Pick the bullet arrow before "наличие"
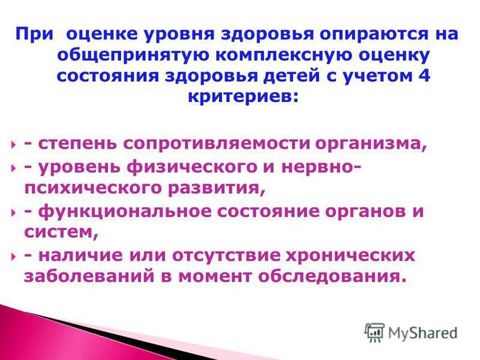click(13, 255)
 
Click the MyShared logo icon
click(375, 333)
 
